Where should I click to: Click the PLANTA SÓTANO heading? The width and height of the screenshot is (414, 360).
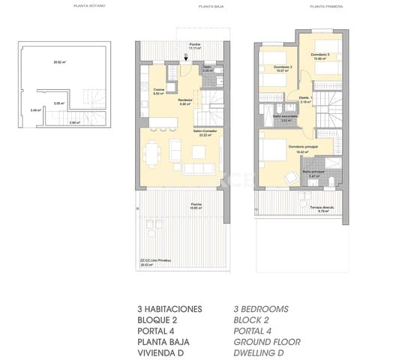[89, 6]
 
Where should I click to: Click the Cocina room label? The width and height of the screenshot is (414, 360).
[158, 91]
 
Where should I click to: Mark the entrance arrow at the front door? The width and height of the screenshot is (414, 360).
[186, 55]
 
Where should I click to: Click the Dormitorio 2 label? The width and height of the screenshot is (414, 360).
[282, 68]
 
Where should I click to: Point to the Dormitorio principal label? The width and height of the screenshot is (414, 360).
[303, 146]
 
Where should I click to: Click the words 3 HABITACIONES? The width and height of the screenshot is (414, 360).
[169, 308]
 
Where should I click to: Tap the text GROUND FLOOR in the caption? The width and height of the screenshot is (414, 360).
[267, 341]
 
